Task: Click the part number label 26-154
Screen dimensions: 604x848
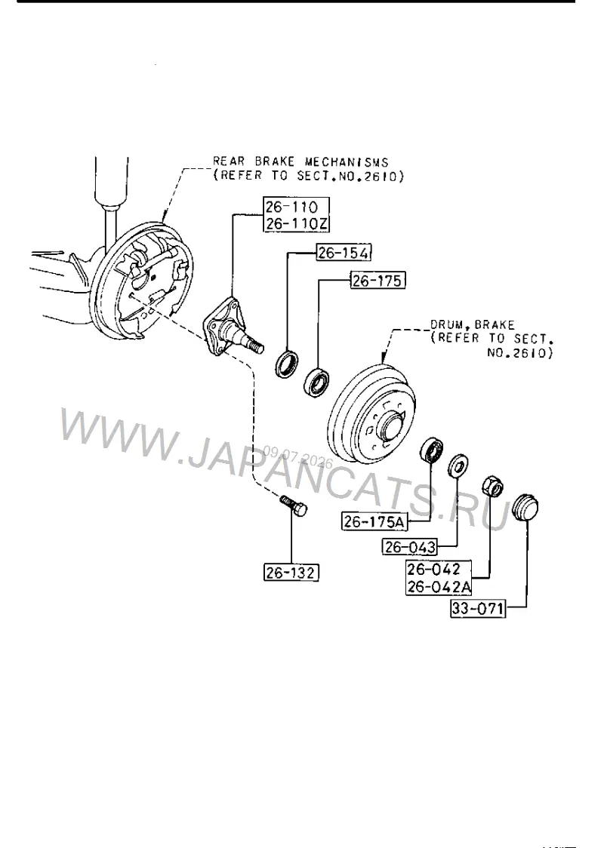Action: click(344, 252)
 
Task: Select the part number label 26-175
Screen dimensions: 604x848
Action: click(377, 280)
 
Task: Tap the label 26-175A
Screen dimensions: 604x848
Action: click(374, 521)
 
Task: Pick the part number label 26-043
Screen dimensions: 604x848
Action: click(410, 547)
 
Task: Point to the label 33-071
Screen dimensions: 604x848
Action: click(477, 608)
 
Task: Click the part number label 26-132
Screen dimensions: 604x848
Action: click(291, 572)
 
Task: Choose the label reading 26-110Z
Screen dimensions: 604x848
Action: click(297, 223)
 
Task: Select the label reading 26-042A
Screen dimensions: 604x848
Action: click(439, 586)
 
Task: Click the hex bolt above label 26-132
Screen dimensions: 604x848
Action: click(294, 505)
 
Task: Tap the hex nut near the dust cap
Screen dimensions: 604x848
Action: click(492, 484)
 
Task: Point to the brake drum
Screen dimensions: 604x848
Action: click(371, 413)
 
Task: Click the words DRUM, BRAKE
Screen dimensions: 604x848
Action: click(472, 324)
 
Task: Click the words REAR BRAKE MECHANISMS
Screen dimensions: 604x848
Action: click(300, 161)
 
